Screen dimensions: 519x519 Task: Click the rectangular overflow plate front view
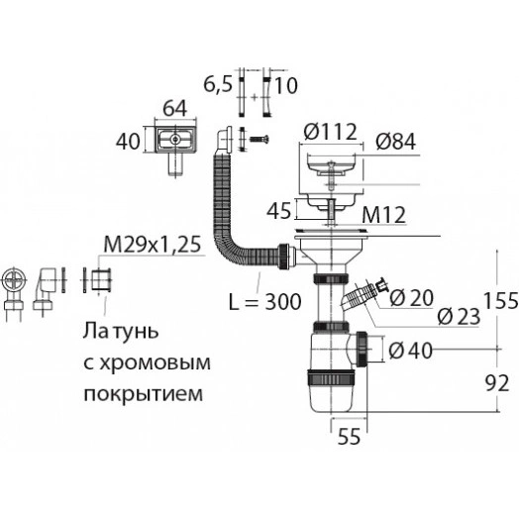pos(174,142)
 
